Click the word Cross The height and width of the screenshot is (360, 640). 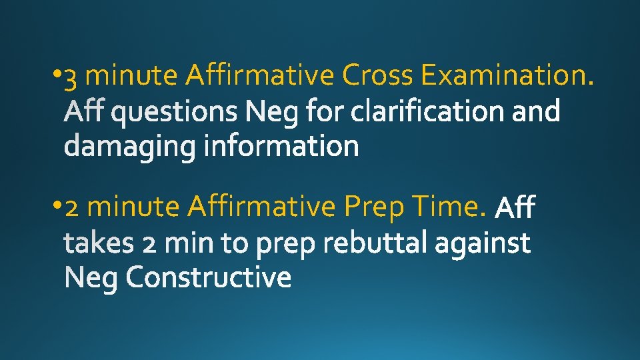(377, 76)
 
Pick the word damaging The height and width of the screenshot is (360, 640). (130, 146)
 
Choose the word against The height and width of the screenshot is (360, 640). (483, 243)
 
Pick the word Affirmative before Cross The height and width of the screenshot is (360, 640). (259, 76)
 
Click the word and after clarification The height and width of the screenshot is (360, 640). (536, 111)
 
